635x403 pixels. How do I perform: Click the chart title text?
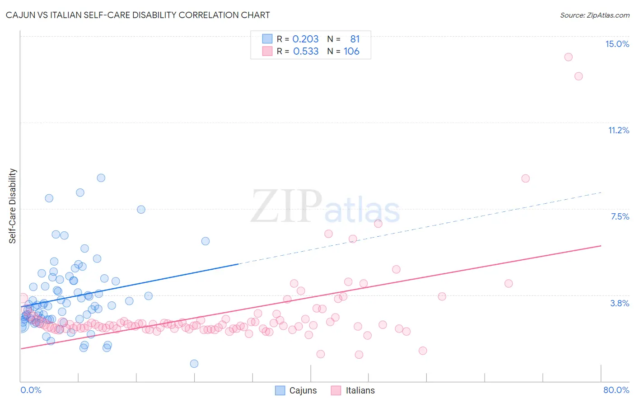138,15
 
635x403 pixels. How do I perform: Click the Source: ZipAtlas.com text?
594,15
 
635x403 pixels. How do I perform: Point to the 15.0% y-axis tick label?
617,44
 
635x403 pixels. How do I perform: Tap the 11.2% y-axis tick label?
618,130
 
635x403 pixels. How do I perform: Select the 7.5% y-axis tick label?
620,216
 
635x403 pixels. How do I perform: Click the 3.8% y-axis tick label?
620,303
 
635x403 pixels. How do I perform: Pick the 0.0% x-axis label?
31,390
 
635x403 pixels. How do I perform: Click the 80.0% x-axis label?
616,390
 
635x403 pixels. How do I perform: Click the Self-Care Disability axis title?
13,206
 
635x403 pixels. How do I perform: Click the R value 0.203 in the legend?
305,39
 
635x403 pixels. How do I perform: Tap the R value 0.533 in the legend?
306,51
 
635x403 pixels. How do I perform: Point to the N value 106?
351,51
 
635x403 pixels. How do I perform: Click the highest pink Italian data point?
568,57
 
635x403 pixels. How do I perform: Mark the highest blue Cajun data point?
101,178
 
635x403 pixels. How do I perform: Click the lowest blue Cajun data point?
194,364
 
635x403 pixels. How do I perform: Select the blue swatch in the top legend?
267,39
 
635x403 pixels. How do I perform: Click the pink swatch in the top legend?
267,51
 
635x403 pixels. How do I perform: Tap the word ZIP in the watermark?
286,207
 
